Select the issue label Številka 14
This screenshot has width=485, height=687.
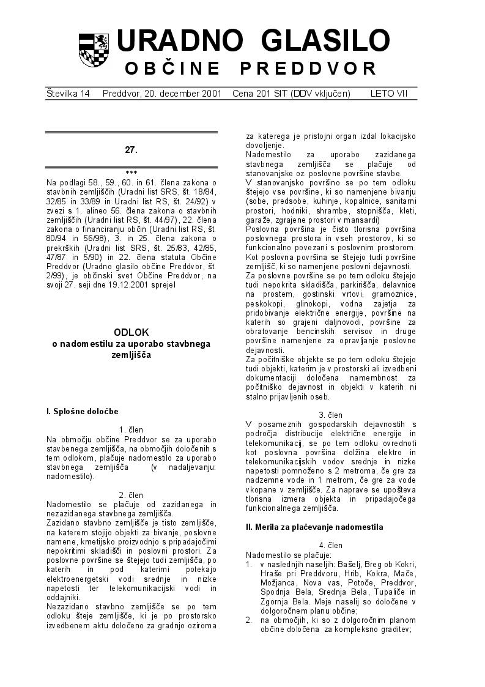coord(68,94)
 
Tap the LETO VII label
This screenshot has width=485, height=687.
coord(388,94)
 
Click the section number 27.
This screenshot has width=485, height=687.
coord(131,149)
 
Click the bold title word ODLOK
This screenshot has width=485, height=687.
coord(131,332)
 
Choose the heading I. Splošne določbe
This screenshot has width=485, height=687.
coord(82,412)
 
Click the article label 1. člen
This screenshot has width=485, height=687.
coord(131,430)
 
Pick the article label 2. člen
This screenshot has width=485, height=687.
coord(131,495)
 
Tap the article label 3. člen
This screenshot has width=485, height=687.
coord(331,415)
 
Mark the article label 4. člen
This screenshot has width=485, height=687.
coord(331,545)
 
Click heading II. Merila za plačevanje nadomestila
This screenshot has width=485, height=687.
coord(314,527)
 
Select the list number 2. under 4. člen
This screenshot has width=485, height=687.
coord(249,620)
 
